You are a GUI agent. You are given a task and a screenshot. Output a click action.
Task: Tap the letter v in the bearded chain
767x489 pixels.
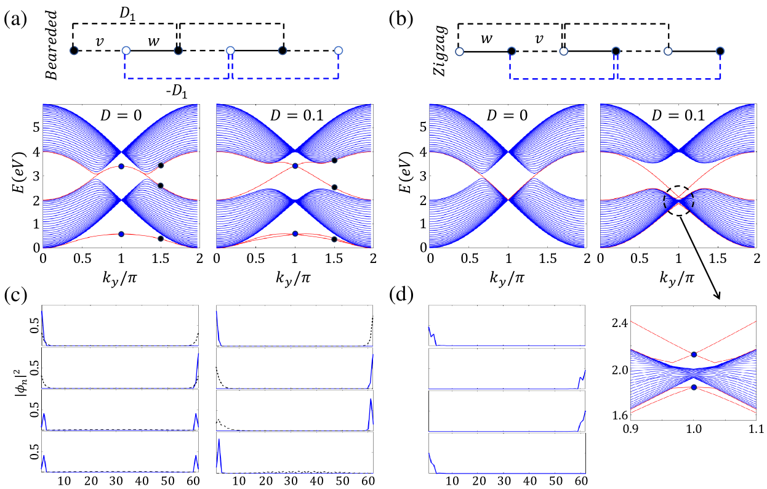pos(98,42)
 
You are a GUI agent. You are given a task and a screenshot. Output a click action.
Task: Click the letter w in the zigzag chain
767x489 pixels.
pos(486,38)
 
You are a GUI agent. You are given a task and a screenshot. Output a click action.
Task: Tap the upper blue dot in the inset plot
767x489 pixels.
pos(694,355)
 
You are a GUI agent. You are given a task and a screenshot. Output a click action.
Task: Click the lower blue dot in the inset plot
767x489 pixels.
pos(694,387)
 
